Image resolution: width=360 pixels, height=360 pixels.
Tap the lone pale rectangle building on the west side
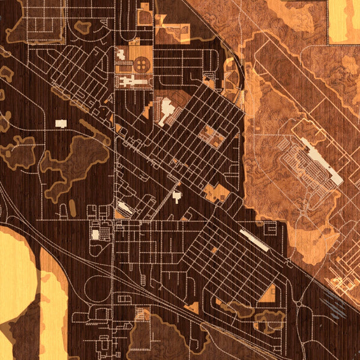61,123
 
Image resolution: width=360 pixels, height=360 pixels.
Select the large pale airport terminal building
322,160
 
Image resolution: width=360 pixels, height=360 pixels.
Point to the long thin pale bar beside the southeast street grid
254,239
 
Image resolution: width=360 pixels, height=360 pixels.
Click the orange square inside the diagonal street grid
212,136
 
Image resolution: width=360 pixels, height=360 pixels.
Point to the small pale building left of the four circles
122,55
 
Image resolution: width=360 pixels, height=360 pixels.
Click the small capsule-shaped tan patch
73,208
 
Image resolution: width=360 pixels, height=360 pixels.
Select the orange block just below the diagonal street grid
216,192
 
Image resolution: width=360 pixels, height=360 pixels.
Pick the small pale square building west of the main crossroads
95,234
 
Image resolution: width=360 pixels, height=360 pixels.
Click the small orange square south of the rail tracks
143,314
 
